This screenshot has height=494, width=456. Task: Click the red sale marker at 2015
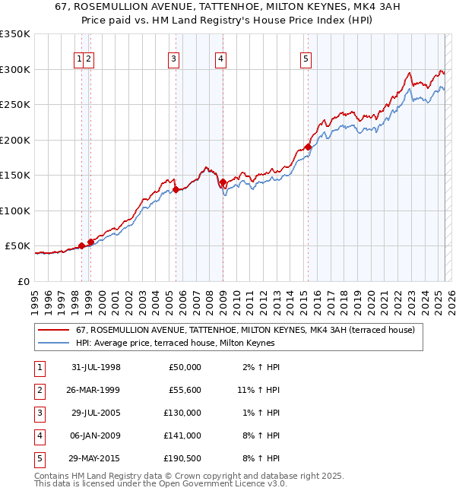coord(308,147)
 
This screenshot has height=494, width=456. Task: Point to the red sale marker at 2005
coord(176,189)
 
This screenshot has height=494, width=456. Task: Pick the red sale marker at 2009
coord(223,182)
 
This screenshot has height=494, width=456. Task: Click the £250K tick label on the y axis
coord(15,105)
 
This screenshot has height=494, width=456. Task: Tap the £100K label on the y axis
coord(15,211)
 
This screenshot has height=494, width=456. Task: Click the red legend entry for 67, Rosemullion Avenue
coord(245,330)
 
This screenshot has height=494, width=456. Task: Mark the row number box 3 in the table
coord(40,413)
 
